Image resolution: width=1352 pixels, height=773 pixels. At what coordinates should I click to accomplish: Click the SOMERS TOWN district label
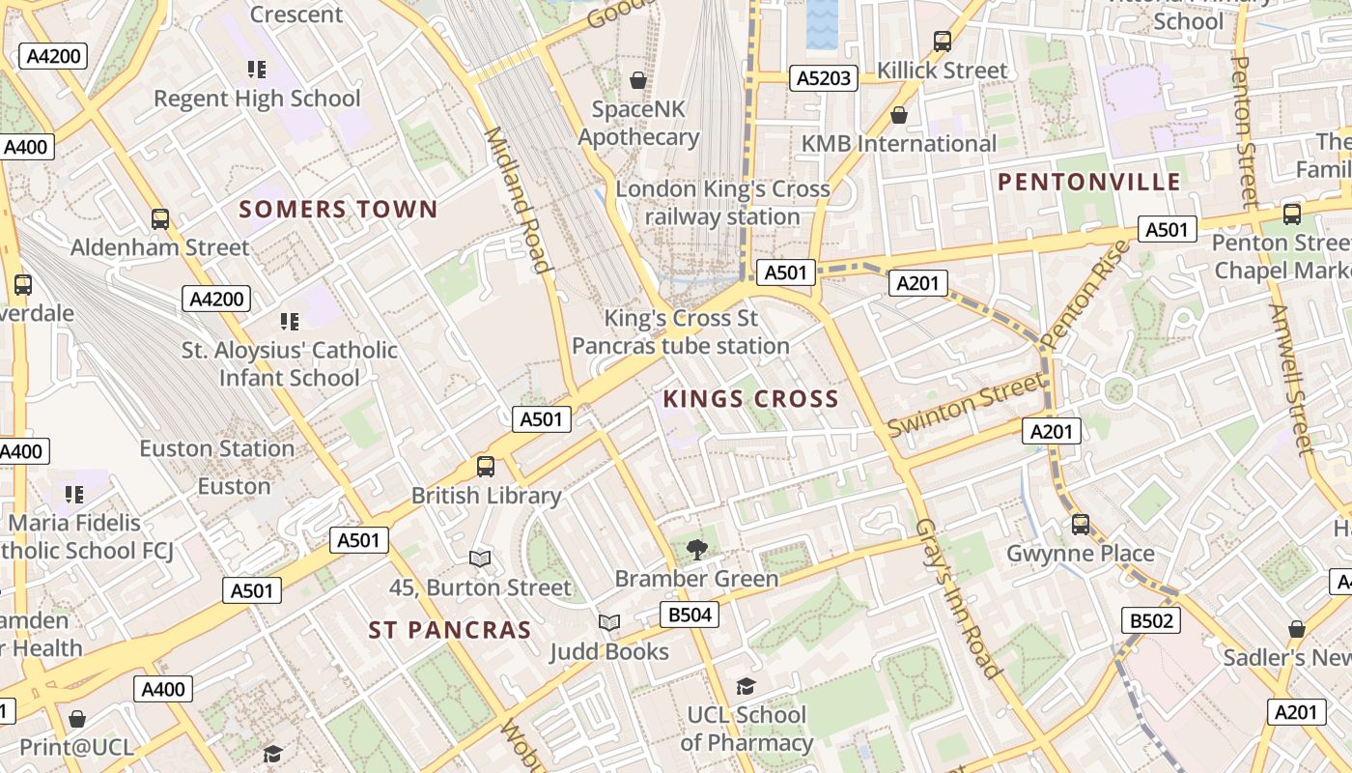click(338, 209)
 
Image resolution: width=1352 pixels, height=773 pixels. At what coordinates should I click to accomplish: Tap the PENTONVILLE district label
click(1088, 182)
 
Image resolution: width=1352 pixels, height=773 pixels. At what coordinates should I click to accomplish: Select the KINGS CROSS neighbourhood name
click(750, 398)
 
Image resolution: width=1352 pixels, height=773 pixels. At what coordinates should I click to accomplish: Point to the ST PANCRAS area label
click(450, 630)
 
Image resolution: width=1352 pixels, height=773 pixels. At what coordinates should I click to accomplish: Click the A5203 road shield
click(824, 78)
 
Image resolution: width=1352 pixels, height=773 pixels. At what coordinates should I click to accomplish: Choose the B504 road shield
click(690, 615)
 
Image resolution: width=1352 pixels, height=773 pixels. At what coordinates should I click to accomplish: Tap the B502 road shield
click(1150, 620)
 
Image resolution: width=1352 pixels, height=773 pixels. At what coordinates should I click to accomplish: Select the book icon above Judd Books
click(608, 623)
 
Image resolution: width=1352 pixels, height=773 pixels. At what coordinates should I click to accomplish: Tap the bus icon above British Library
click(486, 467)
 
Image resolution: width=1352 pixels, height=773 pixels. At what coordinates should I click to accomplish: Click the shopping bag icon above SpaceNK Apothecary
click(637, 80)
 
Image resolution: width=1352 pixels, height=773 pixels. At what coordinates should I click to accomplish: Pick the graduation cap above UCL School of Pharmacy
click(746, 687)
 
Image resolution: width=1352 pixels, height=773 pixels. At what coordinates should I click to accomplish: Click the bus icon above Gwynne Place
click(1081, 525)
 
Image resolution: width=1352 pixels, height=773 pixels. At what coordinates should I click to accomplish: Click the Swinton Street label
click(966, 405)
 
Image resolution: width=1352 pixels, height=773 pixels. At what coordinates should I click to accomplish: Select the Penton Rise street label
click(1085, 295)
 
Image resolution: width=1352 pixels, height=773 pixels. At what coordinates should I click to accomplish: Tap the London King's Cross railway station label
click(722, 203)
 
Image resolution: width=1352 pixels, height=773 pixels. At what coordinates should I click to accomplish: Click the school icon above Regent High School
click(256, 70)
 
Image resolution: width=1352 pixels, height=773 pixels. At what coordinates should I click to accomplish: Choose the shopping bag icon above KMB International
click(899, 116)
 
